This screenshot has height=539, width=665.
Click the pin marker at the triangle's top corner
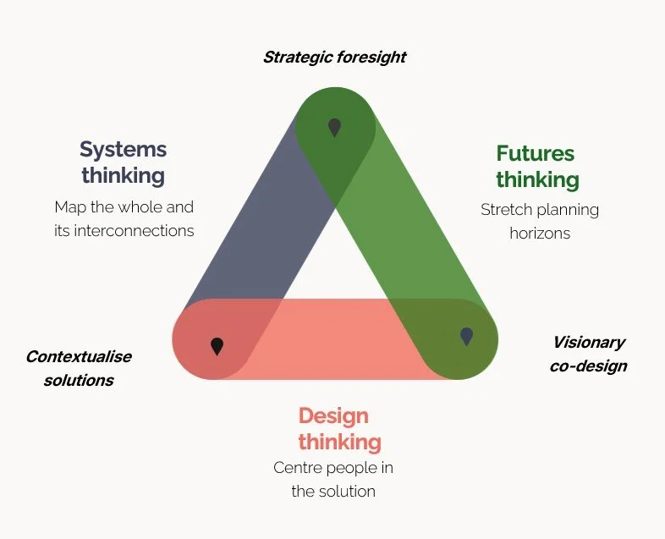[334, 127]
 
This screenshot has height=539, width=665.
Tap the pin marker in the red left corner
[217, 345]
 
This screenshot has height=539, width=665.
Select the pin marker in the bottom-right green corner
[466, 336]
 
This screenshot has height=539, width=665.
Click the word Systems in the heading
[124, 150]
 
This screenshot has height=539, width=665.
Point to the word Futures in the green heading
[535, 154]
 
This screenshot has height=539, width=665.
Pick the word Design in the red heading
[333, 415]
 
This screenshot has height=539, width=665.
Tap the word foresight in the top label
[373, 58]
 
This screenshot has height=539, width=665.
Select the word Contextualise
[79, 356]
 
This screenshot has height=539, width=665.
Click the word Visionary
[589, 343]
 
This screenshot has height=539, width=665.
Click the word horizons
[540, 233]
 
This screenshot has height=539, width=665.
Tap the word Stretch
[504, 209]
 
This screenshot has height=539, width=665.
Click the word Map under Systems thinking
[69, 206]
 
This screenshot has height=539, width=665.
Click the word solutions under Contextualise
[79, 380]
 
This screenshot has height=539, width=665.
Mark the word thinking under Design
[339, 442]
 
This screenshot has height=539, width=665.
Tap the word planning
[566, 209]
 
